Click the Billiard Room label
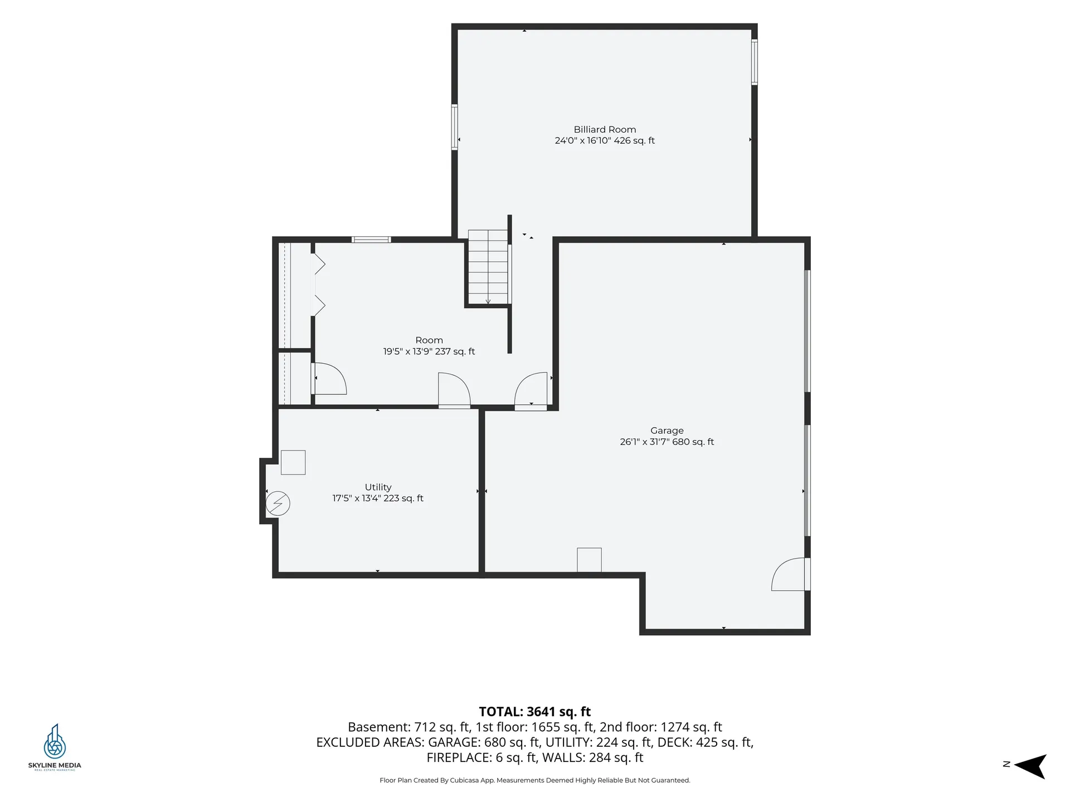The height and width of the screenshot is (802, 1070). (x=605, y=130)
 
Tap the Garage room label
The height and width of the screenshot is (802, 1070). (x=667, y=431)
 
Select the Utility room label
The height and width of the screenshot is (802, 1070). (x=378, y=487)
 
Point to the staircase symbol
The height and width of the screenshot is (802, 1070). (x=488, y=267)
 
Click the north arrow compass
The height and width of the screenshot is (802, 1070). (x=1030, y=766)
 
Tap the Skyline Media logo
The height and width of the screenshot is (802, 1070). (x=55, y=747)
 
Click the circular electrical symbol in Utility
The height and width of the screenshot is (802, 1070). (x=278, y=503)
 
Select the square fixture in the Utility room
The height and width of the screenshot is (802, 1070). (x=293, y=462)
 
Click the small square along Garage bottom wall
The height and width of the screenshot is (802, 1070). (x=589, y=560)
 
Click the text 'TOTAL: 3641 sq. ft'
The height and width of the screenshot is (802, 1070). (x=535, y=711)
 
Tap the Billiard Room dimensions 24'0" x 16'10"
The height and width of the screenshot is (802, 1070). (x=582, y=141)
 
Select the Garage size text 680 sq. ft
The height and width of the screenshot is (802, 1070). (x=693, y=442)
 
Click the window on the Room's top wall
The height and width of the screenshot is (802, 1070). (x=371, y=239)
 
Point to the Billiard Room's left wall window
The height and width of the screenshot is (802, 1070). (x=455, y=127)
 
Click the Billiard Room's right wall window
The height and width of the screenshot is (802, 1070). (x=754, y=62)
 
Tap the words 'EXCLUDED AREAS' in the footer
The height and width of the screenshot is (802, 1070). (x=369, y=742)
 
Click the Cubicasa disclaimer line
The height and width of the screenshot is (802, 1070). (x=535, y=780)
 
